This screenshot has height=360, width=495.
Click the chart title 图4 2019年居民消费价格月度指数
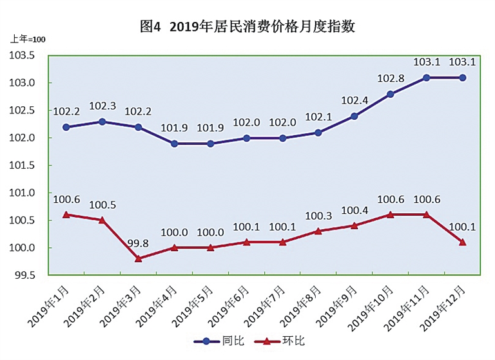(247, 27)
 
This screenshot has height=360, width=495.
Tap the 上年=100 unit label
(28, 40)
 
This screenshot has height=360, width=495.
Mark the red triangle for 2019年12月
(461, 242)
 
